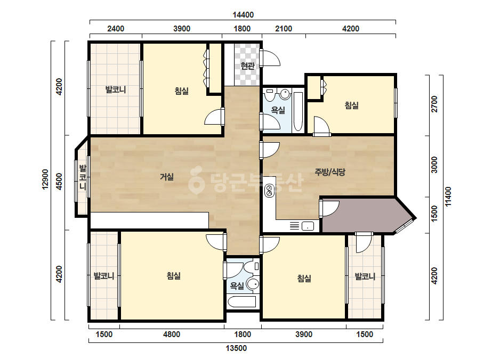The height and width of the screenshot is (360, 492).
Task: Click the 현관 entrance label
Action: (247, 66)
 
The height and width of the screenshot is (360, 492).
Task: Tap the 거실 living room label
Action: (167, 177)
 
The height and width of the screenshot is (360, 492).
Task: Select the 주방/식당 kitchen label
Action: (330, 172)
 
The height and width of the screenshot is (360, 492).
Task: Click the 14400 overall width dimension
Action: (243, 15)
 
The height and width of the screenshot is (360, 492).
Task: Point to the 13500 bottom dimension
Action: (236, 348)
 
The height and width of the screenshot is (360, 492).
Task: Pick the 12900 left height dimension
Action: (45, 179)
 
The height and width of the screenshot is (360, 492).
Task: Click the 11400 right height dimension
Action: (448, 197)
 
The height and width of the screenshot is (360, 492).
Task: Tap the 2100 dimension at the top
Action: (284, 29)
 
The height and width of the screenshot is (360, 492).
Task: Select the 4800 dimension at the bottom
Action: (172, 334)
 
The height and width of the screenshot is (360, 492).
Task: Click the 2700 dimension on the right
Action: (434, 104)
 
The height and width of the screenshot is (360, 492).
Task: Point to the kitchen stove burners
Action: (269, 191)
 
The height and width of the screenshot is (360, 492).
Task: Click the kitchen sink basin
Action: (308, 226)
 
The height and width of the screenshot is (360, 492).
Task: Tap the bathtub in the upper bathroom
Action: (298, 112)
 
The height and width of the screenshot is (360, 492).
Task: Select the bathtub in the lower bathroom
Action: (242, 302)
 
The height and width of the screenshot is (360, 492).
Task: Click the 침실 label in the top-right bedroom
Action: (351, 105)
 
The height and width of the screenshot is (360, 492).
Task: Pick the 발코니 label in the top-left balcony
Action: (116, 89)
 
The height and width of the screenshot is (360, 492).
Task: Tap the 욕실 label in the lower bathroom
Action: (237, 285)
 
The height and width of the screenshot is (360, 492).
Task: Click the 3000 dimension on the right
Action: (434, 165)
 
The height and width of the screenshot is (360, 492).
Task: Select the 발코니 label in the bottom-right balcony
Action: (365, 276)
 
